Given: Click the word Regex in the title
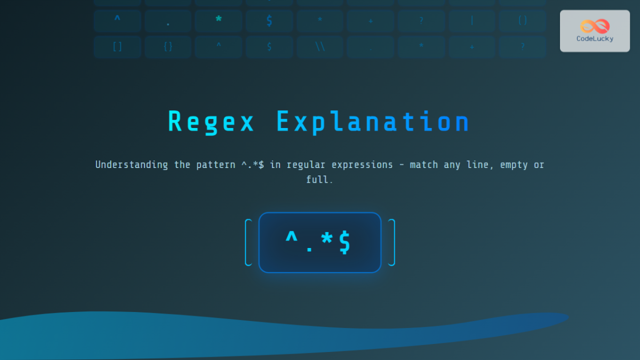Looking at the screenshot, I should coord(211,122).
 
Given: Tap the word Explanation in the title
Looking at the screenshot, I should coord(373,122).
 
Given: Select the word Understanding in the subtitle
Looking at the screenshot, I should coord(131,165).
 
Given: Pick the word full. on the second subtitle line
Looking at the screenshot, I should coord(319,180).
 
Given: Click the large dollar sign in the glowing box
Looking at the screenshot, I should coord(345,242).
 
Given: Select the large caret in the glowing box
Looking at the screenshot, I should coord(292,240).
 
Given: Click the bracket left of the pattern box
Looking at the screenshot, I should coord(248,242).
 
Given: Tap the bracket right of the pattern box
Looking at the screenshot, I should coord(391,242).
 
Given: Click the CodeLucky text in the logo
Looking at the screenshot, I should coord(595,38).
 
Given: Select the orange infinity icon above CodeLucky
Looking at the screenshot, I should coord(595,26).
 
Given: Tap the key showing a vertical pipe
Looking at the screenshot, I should coord(471,21).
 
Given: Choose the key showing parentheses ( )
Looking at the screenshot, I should coord(522,21).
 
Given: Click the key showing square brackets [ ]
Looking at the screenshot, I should coord(117,47).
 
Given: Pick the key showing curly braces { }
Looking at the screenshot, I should coord(168,47).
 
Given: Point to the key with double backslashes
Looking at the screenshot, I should coord(320,47).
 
